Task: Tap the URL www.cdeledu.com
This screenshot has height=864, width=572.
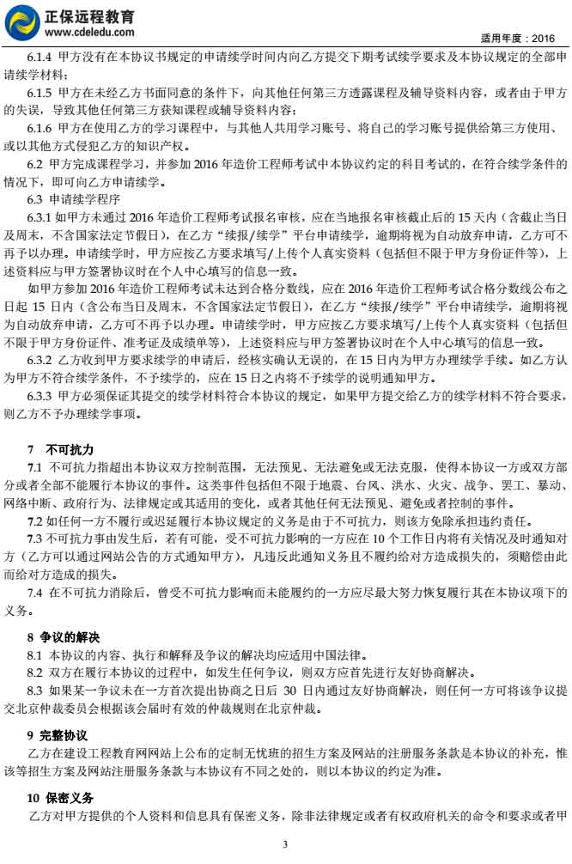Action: point(88,31)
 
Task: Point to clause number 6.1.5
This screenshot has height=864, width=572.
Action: point(41,91)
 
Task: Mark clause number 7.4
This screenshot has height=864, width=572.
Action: point(36,592)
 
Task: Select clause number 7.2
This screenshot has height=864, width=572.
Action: point(35,520)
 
